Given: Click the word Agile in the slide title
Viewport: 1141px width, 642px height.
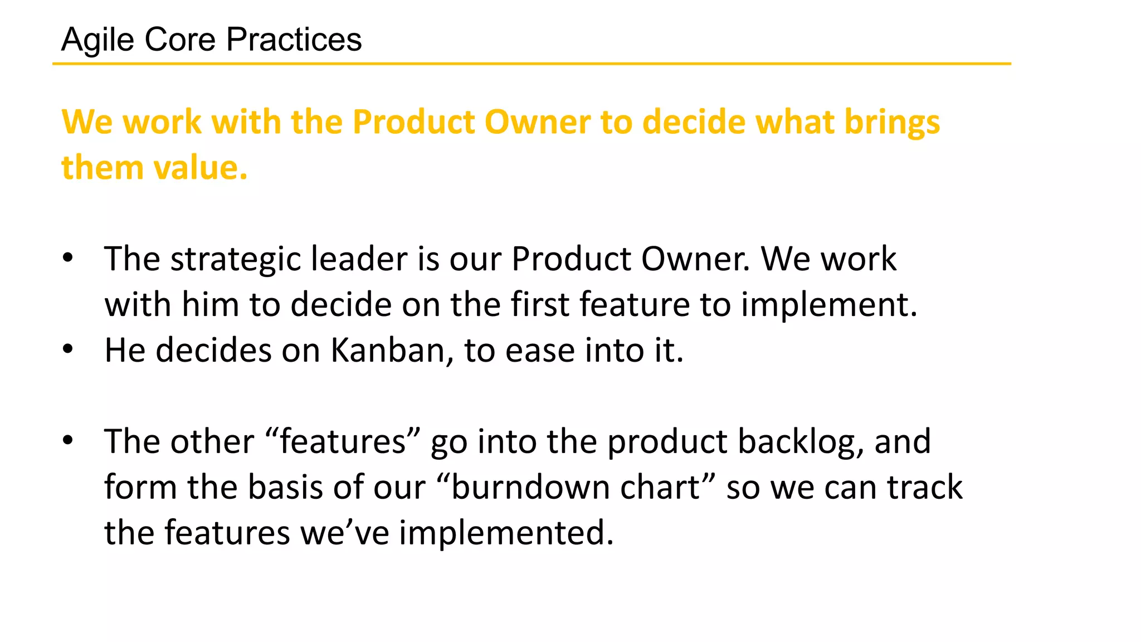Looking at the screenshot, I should (97, 40).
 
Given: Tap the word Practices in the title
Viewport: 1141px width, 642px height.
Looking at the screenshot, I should (294, 40).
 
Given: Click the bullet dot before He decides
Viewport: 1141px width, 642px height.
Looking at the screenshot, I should (68, 349).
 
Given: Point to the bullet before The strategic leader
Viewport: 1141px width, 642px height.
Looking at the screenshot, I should (68, 258).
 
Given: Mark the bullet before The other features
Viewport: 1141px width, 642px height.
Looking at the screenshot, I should (68, 441).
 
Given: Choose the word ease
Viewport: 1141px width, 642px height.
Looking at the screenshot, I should (539, 351).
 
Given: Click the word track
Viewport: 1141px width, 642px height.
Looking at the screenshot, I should (924, 488).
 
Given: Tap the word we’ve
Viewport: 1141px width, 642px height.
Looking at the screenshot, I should (345, 533).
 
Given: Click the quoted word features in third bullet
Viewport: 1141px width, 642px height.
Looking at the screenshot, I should (343, 442).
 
